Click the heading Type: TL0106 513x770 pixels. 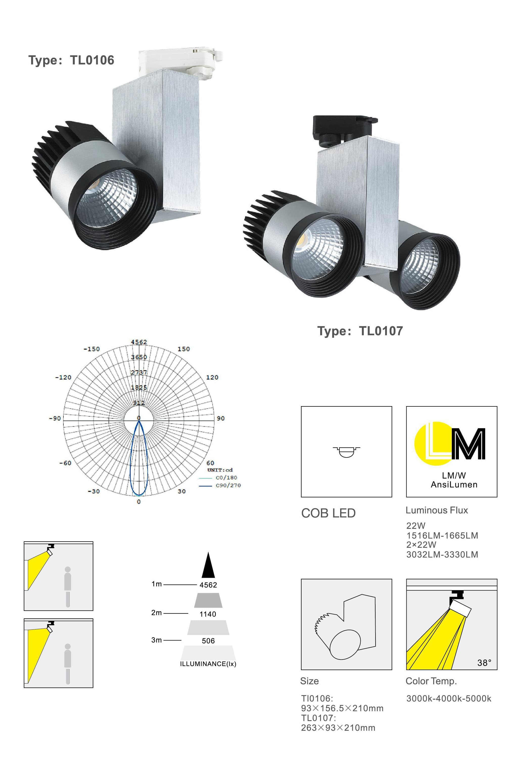[71, 60]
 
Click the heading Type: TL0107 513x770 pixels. [360, 331]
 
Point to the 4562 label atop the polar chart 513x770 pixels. [139, 342]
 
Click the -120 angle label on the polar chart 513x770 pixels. [63, 377]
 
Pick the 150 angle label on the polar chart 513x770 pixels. [183, 349]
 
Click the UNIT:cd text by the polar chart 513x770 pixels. [220, 470]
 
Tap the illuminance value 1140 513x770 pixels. [208, 614]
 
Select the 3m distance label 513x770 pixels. [156, 640]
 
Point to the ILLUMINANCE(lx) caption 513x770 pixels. [208, 664]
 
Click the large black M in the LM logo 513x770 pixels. [469, 444]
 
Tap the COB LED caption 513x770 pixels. [328, 513]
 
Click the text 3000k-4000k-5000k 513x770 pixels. [449, 699]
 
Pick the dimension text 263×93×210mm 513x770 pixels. [338, 728]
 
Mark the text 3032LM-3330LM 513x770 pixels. [442, 555]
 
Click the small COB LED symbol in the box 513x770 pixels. [346, 451]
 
